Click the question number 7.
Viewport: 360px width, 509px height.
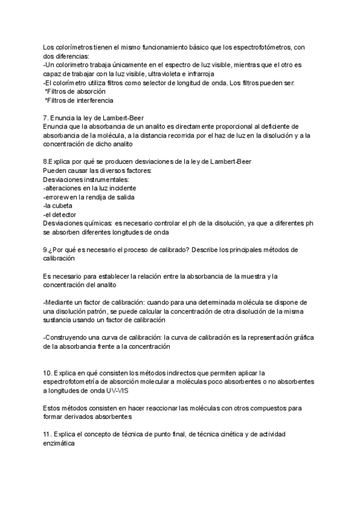coord(46,118)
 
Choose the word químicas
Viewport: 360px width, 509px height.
coord(95,223)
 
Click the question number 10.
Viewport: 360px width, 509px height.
coord(47,373)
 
